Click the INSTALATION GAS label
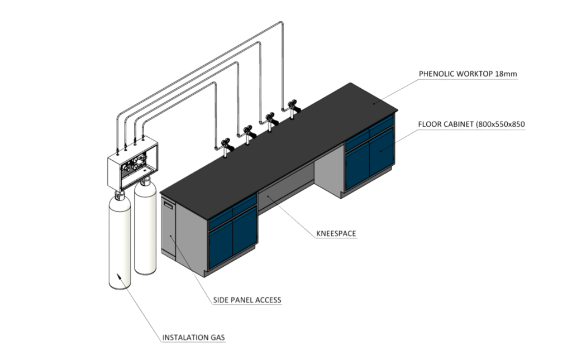193,338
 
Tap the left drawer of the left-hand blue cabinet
220,217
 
